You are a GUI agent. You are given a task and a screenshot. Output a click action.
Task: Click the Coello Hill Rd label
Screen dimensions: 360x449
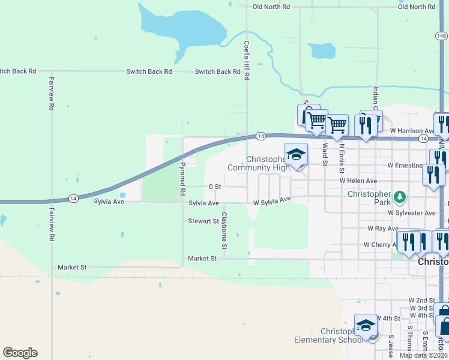point(246,61)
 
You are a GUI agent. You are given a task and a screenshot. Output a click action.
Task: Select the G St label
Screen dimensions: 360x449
point(215,187)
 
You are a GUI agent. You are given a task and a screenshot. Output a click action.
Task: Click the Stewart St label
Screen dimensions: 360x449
point(203,221)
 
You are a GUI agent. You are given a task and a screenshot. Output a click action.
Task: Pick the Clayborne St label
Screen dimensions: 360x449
point(224,230)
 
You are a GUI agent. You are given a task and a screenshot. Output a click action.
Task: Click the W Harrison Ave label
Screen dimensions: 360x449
point(412,130)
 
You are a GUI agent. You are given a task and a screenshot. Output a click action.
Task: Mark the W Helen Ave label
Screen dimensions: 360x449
point(358,181)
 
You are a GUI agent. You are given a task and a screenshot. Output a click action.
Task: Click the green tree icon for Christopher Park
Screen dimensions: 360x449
point(399,197)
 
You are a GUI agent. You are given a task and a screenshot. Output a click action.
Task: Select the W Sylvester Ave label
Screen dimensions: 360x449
point(411,213)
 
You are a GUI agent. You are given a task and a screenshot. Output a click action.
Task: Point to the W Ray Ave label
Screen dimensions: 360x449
point(383,229)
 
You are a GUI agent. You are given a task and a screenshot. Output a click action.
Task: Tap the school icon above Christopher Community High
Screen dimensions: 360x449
point(296,155)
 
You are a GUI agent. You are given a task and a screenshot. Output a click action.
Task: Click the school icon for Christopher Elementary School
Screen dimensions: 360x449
point(366,326)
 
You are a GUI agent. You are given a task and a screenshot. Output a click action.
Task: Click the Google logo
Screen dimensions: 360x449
point(20,353)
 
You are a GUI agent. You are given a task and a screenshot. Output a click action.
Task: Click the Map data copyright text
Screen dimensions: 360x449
point(424,355)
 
